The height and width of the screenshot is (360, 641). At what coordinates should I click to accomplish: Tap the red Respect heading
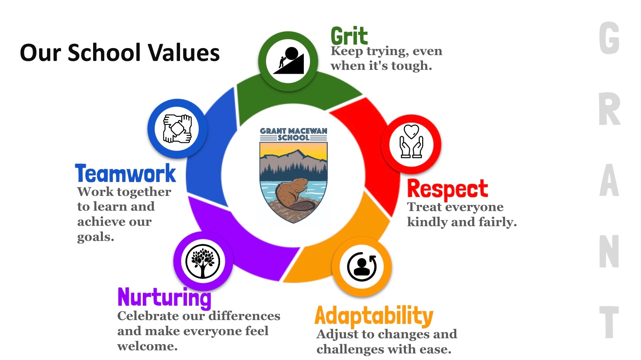pyautogui.click(x=447, y=189)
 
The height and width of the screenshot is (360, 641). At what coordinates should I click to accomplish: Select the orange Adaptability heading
pyautogui.click(x=374, y=316)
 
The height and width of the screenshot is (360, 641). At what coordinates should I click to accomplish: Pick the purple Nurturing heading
pyautogui.click(x=164, y=298)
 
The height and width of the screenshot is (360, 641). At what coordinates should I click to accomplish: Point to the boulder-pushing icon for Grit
pyautogui.click(x=289, y=61)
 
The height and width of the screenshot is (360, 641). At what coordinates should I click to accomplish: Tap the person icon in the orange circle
pyautogui.click(x=362, y=267)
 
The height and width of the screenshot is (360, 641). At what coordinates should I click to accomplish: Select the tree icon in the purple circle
pyautogui.click(x=203, y=261)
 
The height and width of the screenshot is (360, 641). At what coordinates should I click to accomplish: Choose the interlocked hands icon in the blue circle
pyautogui.click(x=177, y=128)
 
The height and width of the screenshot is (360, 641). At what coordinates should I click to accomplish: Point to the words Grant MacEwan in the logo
pyautogui.click(x=293, y=131)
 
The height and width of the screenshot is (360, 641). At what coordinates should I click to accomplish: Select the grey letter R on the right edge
pyautogui.click(x=609, y=110)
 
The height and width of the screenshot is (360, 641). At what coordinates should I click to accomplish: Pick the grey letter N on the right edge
pyautogui.click(x=609, y=252)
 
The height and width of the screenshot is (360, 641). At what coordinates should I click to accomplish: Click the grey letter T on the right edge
pyautogui.click(x=609, y=322)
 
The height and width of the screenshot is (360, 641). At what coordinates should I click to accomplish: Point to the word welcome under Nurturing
pyautogui.click(x=147, y=346)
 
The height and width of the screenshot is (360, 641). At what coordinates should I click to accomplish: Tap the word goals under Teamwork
pyautogui.click(x=95, y=237)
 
